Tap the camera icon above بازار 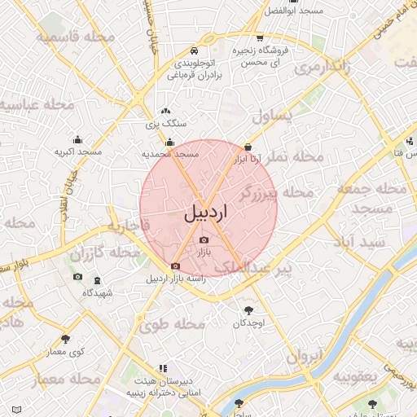pyautogui.click(x=204, y=239)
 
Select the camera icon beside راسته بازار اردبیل pyautogui.click(x=175, y=266)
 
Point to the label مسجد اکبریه pyautogui.click(x=78, y=151)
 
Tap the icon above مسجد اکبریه pyautogui.click(x=78, y=138)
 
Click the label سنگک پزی pyautogui.click(x=166, y=125)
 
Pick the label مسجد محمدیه pyautogui.click(x=171, y=153)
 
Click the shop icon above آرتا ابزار pyautogui.click(x=248, y=147)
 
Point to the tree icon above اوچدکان pyautogui.click(x=248, y=309)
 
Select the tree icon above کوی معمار pyautogui.click(x=65, y=339)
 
